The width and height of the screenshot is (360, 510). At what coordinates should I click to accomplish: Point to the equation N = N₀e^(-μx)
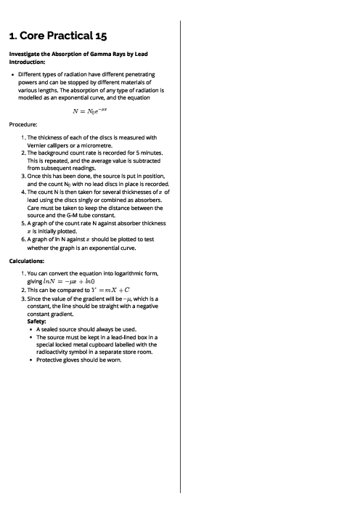click(94, 112)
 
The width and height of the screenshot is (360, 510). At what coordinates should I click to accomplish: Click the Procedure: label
click(23, 124)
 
